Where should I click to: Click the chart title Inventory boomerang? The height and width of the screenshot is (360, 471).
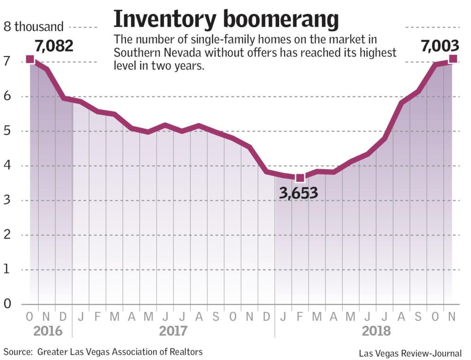(x=226, y=19)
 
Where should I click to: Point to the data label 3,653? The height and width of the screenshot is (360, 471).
(x=299, y=193)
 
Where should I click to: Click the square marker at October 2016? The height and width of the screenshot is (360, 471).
(x=30, y=59)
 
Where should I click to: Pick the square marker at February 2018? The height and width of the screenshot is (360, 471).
(x=300, y=178)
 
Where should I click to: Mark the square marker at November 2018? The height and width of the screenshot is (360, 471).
(x=453, y=58)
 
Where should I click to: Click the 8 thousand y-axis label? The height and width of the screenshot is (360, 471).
(x=34, y=26)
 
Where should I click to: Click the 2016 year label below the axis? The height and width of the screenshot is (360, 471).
(x=47, y=331)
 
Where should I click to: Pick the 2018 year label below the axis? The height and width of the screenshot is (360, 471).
(x=376, y=331)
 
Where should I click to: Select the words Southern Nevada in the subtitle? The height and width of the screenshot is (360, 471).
(x=157, y=52)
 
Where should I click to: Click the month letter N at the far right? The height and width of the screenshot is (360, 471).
(x=453, y=317)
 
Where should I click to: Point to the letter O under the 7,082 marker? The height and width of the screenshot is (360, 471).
(x=30, y=317)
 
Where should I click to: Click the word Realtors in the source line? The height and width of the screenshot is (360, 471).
(x=185, y=352)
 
